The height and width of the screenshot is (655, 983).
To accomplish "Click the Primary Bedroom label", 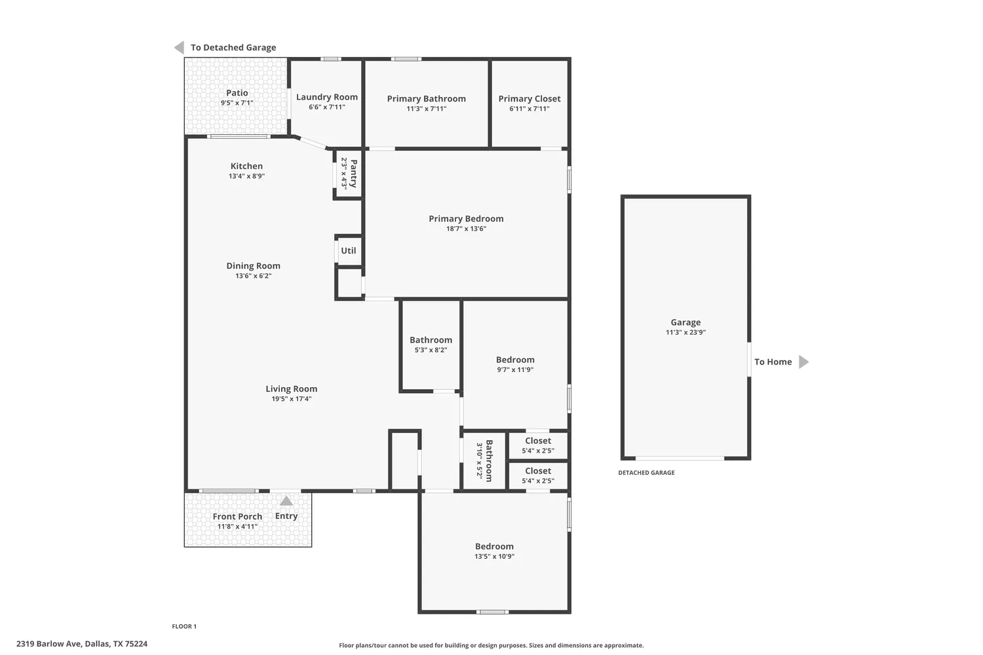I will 466,219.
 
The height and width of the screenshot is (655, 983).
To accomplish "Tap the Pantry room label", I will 353,174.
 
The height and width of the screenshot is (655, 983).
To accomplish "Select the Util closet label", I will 349,251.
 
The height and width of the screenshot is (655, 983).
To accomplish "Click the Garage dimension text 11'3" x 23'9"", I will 685,333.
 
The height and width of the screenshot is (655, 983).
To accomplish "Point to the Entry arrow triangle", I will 286,502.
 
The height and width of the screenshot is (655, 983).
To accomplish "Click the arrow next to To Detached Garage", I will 179,48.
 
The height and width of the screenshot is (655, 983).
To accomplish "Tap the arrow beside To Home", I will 803,362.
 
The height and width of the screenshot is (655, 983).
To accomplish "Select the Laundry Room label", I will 327,97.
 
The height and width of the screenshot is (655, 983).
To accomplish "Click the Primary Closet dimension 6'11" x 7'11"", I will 530,109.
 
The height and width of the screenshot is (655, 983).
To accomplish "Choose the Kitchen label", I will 246,166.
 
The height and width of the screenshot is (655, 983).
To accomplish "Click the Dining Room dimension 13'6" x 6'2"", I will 253,276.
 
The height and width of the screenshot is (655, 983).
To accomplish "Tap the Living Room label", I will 291,389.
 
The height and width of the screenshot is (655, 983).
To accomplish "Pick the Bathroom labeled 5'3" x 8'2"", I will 431,340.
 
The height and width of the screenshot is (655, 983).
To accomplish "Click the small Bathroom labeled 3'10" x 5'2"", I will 488,460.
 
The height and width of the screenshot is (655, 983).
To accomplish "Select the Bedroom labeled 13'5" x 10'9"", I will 494,546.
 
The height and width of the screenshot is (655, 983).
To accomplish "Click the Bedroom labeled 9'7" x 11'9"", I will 515,360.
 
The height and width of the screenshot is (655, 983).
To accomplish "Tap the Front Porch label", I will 237,517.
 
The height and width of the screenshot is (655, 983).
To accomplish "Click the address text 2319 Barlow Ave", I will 50,644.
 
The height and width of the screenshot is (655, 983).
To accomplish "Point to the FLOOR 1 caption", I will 184,627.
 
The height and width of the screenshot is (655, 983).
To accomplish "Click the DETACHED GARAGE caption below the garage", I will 646,473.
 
